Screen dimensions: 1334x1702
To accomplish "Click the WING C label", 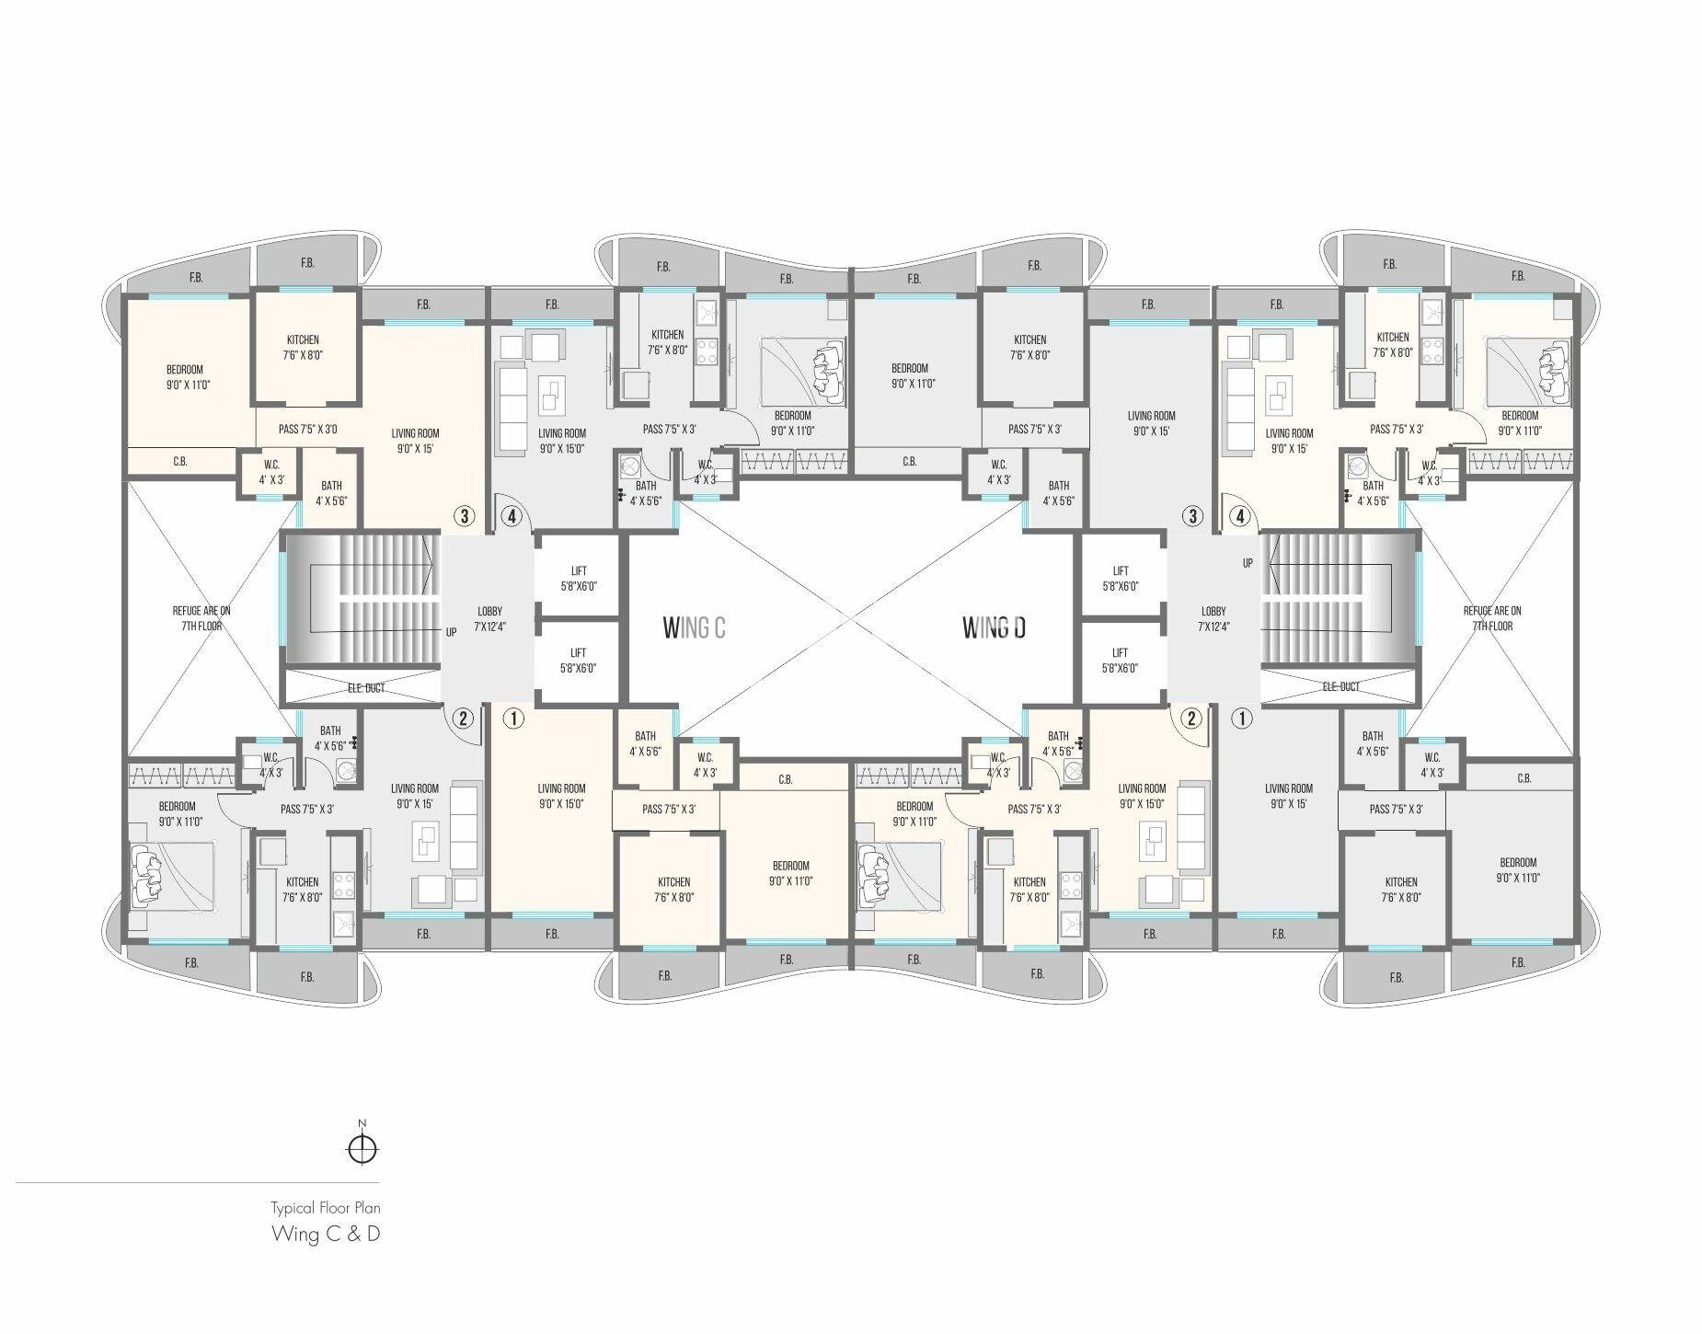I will coord(694,627).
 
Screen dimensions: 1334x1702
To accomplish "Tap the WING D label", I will coord(994,627).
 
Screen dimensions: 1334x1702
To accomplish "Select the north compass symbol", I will coord(362,1147).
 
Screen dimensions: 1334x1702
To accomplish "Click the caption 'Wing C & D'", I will coord(325,1234).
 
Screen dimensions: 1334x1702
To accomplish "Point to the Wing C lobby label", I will coord(489,618).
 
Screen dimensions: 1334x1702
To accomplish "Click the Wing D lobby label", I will coord(1213,618).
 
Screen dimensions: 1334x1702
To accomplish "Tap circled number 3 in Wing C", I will coord(465,516).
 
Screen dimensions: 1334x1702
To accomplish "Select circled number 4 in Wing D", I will coord(1240,516).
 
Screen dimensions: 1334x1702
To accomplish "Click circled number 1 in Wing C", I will coord(513,718).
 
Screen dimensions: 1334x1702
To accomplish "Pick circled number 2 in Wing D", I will coord(1191,718).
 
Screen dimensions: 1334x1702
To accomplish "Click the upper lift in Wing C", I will coord(578,578).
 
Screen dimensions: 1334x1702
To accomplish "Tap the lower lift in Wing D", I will coord(1120,661).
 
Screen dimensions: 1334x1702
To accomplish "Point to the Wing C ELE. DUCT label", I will coord(366,688).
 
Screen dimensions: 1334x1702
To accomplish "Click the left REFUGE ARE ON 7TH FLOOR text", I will coord(201,618).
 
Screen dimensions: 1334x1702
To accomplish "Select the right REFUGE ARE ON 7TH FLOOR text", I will coord(1491,618).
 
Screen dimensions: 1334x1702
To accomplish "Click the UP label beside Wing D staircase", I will coord(1248,563).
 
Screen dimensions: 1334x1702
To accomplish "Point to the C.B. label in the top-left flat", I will coord(180,462).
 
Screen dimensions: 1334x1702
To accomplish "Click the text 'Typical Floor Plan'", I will coord(325,1207).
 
